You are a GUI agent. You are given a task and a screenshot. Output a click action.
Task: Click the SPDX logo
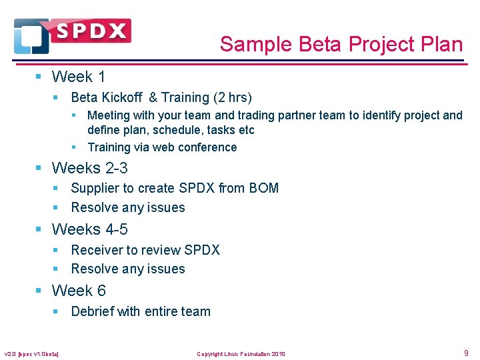coord(72,35)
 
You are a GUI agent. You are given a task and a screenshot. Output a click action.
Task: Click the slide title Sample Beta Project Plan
coord(341,45)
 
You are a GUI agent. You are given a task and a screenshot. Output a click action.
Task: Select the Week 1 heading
coord(78,77)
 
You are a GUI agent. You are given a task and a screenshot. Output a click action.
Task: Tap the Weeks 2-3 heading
coord(89,167)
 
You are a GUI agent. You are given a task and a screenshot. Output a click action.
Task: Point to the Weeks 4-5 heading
coord(89,229)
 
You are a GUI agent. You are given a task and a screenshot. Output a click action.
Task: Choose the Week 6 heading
coord(78,291)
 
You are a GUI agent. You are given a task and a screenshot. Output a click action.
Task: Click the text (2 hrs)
coord(231,97)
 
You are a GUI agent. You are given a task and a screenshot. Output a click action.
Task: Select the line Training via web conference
coord(162,147)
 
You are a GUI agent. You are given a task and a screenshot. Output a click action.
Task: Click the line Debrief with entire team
coord(141,311)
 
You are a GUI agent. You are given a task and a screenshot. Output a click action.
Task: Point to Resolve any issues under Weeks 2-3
coord(128,207)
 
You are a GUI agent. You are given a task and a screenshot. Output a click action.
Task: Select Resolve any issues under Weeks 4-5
coord(128,269)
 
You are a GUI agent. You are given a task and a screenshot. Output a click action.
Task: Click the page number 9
coord(466,353)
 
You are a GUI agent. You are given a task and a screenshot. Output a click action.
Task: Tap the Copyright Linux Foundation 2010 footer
coord(241,354)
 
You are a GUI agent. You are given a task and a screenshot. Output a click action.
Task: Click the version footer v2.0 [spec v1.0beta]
coord(31,354)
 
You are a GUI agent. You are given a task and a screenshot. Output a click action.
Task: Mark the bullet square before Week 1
coord(39,77)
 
